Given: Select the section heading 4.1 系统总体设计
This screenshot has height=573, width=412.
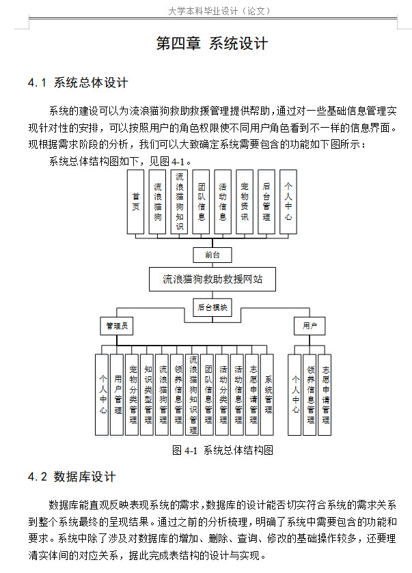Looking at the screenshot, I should (x=78, y=83).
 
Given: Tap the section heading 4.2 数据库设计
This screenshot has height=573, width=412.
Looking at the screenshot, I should (x=72, y=477).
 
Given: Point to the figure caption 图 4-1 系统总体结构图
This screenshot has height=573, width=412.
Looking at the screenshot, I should (x=223, y=450).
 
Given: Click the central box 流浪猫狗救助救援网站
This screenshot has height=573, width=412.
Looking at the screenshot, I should (x=212, y=279).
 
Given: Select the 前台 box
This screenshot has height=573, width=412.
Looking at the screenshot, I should (x=212, y=255).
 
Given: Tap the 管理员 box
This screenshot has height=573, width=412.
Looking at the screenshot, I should (x=116, y=326).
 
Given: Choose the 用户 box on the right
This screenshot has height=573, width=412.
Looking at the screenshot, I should (x=309, y=326).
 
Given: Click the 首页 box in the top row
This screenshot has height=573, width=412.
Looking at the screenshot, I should (x=136, y=201).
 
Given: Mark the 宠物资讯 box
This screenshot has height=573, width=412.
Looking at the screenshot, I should (x=245, y=201).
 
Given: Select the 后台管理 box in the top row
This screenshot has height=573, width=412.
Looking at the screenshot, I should (x=266, y=201).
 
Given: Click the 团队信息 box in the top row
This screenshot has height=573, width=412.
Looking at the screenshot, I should (x=201, y=201).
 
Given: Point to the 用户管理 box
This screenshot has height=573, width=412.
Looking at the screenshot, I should (x=118, y=395).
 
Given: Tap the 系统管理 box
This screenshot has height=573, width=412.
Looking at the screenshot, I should (x=268, y=395).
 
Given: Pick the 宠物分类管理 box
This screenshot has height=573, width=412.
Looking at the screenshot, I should (x=133, y=395).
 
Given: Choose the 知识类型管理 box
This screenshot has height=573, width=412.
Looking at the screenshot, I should (x=148, y=395).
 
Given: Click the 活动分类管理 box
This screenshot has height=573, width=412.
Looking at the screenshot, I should (x=223, y=395).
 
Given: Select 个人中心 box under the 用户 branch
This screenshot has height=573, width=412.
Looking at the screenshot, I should (x=295, y=395).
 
